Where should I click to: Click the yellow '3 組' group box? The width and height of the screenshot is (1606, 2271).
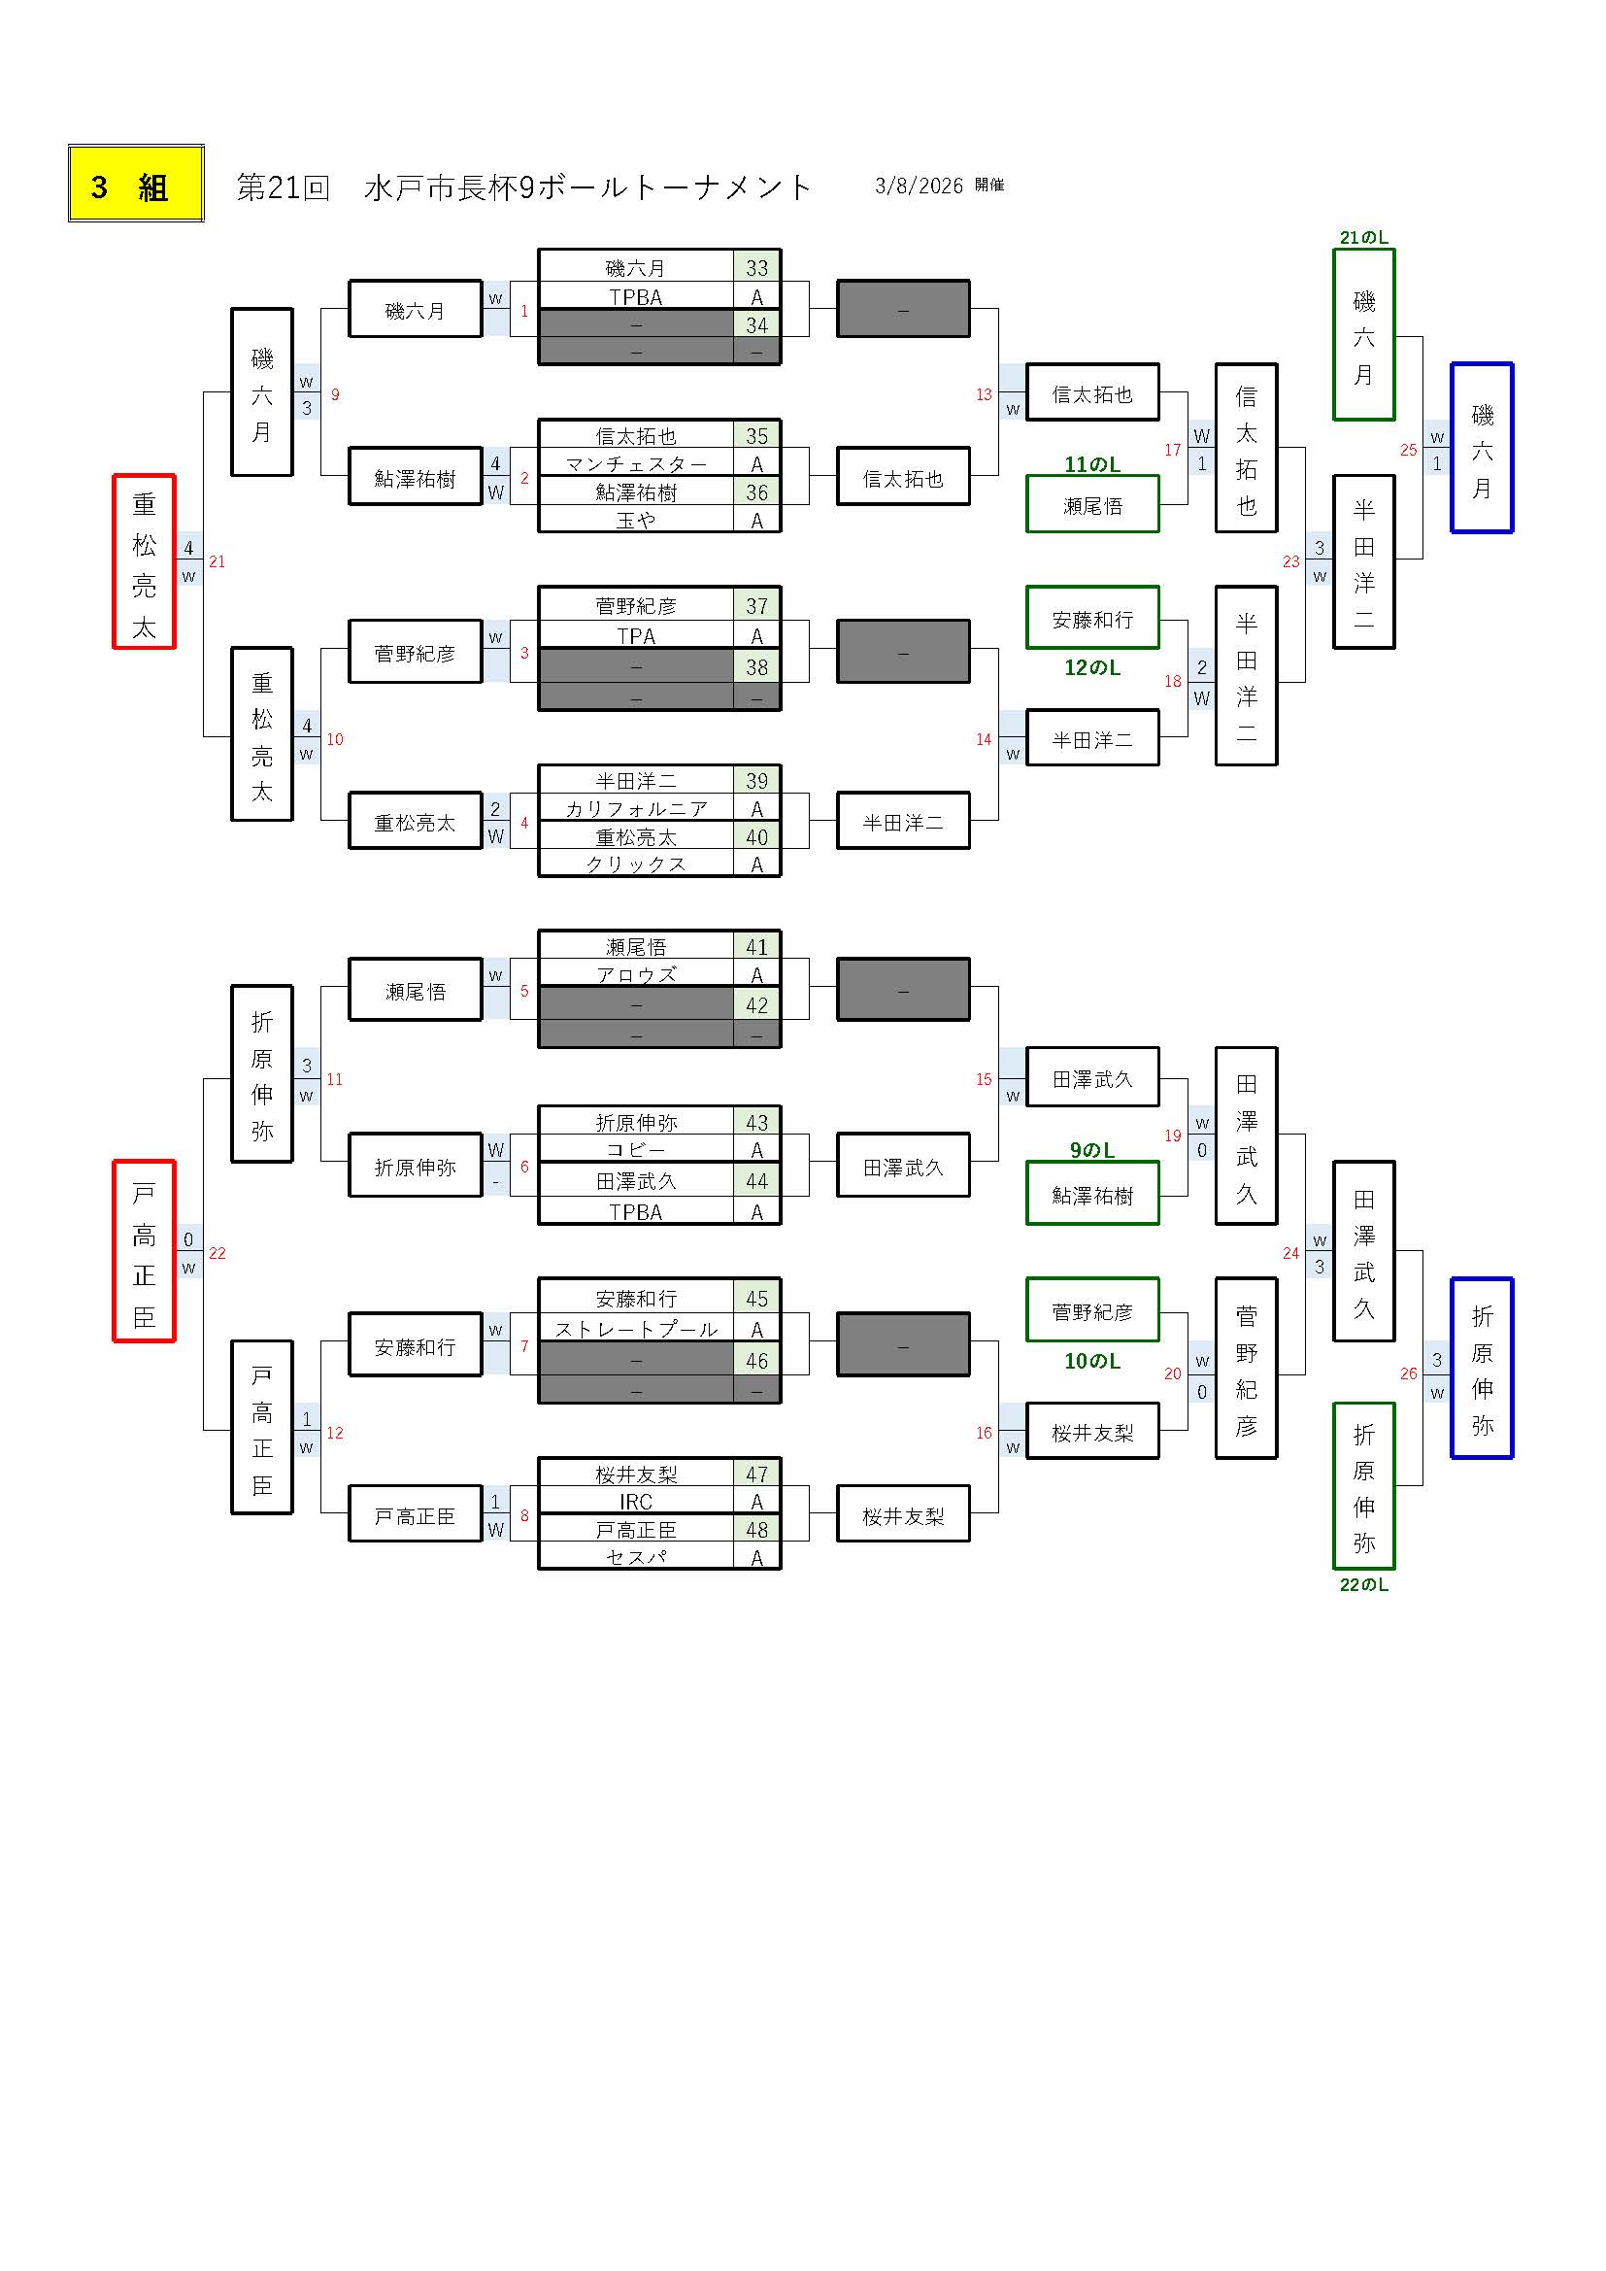[x=136, y=184]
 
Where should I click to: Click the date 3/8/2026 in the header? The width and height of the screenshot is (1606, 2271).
[x=919, y=186]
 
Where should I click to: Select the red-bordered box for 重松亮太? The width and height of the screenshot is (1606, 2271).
[x=144, y=561]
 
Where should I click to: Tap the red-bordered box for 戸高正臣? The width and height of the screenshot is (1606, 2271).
[x=144, y=1251]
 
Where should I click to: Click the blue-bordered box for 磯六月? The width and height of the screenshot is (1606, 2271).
[x=1482, y=448]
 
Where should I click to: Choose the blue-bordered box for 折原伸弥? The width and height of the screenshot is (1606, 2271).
[x=1482, y=1368]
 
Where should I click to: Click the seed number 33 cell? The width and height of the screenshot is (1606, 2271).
[x=756, y=267]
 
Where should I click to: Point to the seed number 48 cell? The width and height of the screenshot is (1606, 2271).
[x=756, y=1529]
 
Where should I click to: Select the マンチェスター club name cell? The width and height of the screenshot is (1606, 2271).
[x=636, y=464]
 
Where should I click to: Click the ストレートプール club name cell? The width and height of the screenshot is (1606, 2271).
[x=636, y=1329]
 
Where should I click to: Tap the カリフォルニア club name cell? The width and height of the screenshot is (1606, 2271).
[x=636, y=808]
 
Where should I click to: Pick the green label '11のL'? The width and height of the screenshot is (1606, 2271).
[x=1091, y=464]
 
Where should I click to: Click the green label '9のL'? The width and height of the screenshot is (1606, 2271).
[x=1091, y=1149]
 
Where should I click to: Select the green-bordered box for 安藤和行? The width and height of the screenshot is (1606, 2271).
[x=1091, y=619]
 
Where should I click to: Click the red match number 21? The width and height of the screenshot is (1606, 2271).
[x=217, y=561]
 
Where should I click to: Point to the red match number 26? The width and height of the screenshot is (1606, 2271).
[x=1408, y=1373]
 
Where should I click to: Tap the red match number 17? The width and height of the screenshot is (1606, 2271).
[x=1172, y=450]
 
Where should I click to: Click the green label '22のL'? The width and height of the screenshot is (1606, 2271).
[x=1363, y=1584]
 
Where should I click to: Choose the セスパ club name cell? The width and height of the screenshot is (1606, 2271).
[x=636, y=1557]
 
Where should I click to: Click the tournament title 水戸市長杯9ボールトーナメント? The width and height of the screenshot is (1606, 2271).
[x=587, y=186]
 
